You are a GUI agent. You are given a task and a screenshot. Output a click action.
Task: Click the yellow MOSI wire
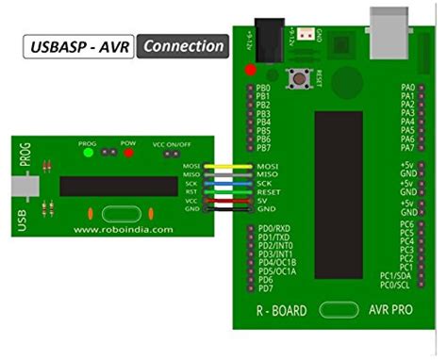point(226,165)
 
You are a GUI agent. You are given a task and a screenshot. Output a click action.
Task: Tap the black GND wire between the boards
point(226,209)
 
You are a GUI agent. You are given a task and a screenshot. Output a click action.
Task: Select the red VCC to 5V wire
point(226,200)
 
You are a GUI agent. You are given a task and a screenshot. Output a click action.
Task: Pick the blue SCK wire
point(226,183)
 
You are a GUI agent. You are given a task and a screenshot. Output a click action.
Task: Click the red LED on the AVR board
point(251,70)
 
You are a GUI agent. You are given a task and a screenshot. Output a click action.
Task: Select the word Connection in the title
point(184,45)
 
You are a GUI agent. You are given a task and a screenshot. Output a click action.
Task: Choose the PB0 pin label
point(264,87)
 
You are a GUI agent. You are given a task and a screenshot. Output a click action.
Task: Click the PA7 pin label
point(408,148)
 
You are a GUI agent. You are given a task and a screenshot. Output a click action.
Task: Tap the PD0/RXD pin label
point(274,228)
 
